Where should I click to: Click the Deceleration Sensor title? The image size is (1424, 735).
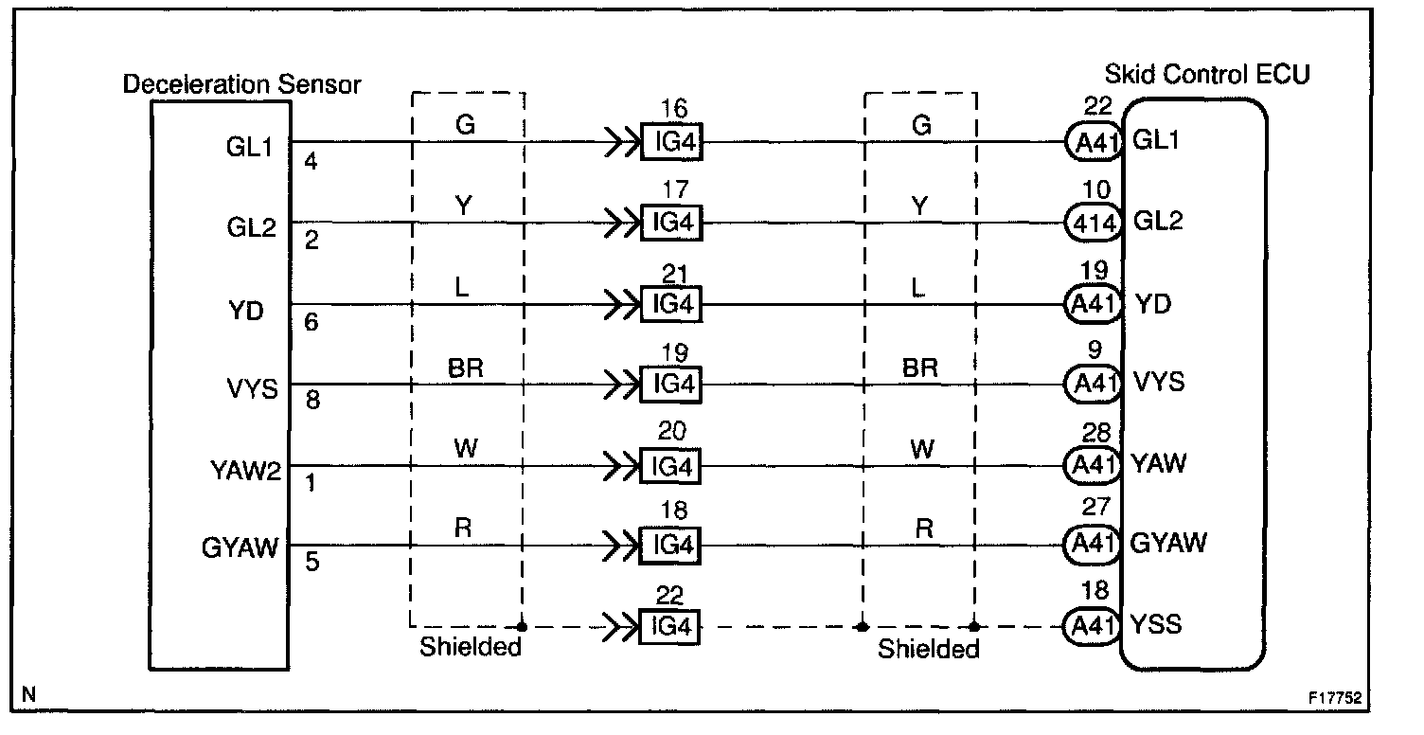coord(242,84)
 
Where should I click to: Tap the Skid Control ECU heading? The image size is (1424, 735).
coord(1207,74)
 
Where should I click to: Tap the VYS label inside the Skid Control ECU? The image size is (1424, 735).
coord(1158,384)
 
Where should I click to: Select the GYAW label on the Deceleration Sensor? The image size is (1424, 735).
coord(240,548)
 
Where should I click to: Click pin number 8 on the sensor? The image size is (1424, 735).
coord(312,401)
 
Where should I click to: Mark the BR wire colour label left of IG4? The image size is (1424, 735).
coord(466,367)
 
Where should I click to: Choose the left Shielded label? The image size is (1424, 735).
coord(471,648)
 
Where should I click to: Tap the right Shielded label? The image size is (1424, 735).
coord(928,649)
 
